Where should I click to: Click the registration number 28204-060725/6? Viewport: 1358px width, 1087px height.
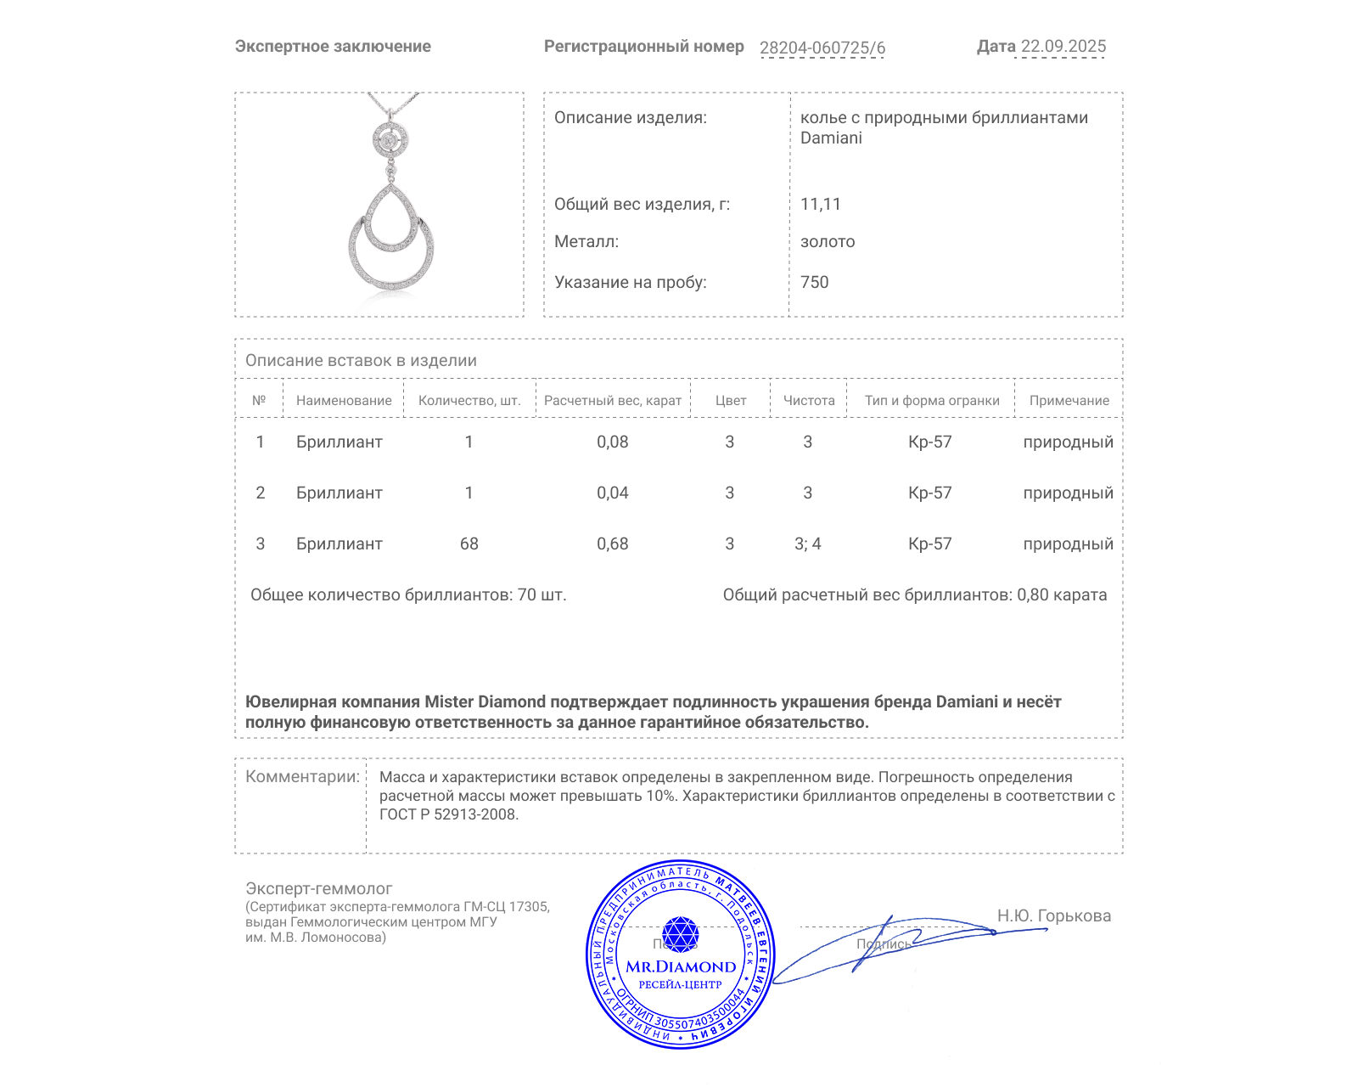(822, 48)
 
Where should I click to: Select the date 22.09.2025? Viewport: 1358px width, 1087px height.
(1063, 47)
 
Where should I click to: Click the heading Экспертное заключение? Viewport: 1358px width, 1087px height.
(333, 47)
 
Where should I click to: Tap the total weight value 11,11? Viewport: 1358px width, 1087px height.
(820, 204)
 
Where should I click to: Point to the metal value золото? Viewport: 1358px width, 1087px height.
(828, 241)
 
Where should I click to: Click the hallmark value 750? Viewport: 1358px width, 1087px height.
(814, 282)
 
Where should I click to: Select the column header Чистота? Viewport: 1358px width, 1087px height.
(808, 400)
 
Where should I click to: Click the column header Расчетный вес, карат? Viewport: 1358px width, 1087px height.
(612, 400)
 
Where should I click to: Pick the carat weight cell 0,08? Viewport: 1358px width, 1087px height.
(612, 442)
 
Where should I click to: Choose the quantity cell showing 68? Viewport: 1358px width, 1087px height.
(469, 543)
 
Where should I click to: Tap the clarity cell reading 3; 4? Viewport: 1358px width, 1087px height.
(807, 543)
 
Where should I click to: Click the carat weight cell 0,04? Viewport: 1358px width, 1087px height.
(612, 493)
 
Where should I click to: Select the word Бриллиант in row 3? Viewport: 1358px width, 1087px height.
(339, 543)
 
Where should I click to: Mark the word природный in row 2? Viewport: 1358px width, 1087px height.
(1068, 493)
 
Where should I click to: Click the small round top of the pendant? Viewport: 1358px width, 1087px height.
(390, 140)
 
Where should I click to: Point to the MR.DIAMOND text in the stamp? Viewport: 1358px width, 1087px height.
(681, 966)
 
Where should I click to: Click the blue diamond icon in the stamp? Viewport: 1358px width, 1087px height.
(680, 934)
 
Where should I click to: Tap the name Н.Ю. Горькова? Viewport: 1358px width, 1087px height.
(1053, 915)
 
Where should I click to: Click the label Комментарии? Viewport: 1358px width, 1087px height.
(302, 776)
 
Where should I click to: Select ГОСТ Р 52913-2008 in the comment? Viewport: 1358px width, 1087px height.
(447, 814)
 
